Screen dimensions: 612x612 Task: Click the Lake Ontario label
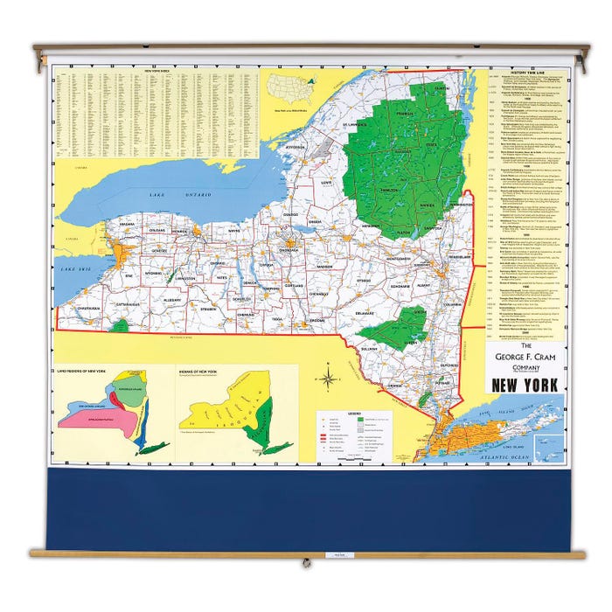click(169, 193)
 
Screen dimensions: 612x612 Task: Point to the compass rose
click(328, 379)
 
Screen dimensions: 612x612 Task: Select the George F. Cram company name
click(525, 357)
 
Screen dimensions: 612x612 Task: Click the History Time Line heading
click(525, 73)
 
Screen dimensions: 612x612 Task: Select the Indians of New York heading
click(210, 372)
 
